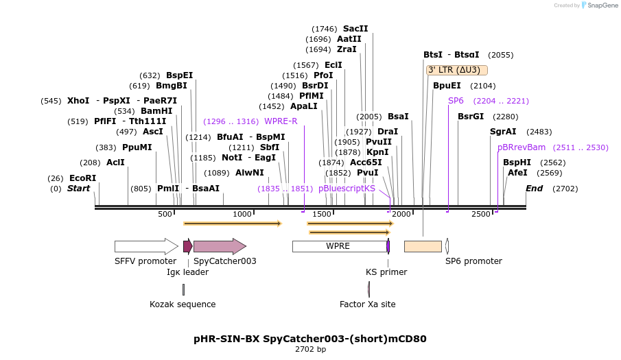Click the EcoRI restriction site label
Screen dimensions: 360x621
[82, 178]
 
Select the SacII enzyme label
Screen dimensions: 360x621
[355, 29]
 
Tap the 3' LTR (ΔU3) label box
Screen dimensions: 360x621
[457, 70]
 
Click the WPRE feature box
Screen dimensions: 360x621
[338, 246]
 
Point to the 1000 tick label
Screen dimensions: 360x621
[243, 214]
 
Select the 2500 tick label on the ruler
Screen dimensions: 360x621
[481, 214]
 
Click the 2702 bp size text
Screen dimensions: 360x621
[310, 350]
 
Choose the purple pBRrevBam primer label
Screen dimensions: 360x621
[522, 147]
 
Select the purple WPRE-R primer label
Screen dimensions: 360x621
[281, 121]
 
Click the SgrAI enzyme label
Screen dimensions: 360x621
[503, 132]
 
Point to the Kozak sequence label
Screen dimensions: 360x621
[183, 304]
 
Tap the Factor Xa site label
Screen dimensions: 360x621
[367, 304]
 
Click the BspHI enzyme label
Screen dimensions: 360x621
[517, 163]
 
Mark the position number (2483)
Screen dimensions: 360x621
[539, 132]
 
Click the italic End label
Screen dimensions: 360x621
[534, 189]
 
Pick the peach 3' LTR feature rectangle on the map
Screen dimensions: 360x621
[423, 246]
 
